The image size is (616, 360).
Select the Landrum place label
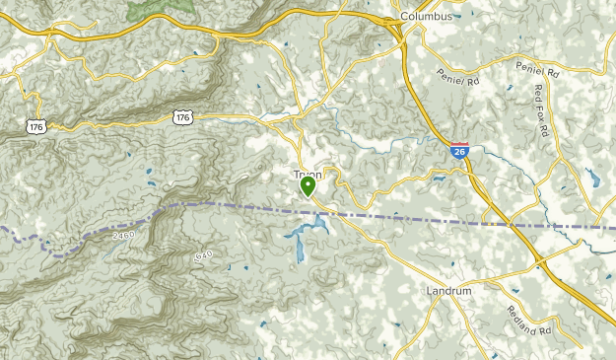449,291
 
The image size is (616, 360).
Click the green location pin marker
308,184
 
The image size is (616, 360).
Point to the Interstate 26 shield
459,150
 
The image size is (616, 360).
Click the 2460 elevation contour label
123,236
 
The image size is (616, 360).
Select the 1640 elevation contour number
203,255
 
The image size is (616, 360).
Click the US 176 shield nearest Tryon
182,117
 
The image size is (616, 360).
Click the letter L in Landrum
431,291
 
